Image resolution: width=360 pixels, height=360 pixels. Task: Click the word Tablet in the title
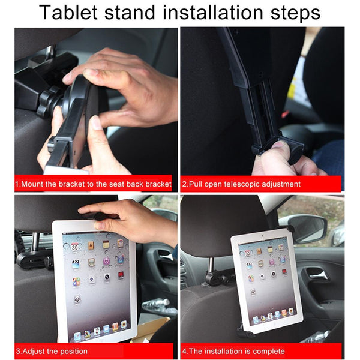click(68, 12)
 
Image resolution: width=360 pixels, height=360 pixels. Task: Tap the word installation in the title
click(212, 12)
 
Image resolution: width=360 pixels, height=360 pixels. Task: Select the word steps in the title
click(295, 13)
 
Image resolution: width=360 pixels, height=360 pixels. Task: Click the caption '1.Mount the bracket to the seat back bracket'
click(93, 184)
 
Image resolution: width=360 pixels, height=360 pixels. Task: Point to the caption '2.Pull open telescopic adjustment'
click(241, 184)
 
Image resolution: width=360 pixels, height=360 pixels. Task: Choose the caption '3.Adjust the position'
click(52, 351)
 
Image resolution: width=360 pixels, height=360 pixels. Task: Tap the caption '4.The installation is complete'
click(233, 351)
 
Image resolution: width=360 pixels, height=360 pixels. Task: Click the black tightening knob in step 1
click(47, 101)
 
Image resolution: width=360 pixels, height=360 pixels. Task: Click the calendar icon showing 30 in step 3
click(74, 247)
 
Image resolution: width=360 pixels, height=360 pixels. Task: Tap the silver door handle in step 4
click(318, 274)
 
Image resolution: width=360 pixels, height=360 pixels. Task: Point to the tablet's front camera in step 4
click(262, 236)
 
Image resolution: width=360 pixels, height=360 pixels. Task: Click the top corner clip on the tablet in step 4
click(289, 229)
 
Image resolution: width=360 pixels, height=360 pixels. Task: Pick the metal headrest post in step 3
click(35, 241)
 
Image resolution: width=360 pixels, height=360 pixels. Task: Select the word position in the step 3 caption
click(73, 351)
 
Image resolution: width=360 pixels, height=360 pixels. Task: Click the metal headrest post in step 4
click(211, 265)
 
